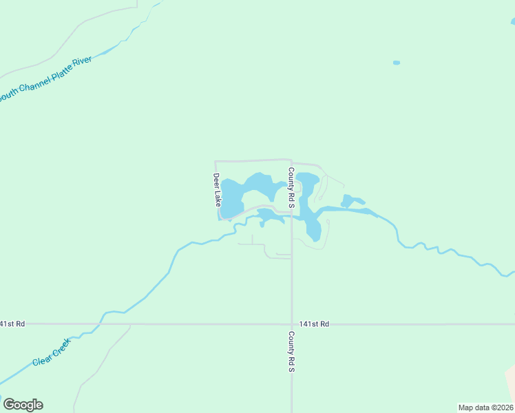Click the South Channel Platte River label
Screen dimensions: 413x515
(45, 77)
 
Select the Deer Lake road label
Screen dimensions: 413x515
(217, 190)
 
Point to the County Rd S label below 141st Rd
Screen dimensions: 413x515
(291, 352)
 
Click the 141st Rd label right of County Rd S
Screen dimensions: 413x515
(314, 324)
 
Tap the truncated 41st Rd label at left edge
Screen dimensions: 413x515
(12, 324)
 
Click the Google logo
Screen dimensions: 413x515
(23, 405)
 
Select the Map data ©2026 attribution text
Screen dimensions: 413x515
(485, 407)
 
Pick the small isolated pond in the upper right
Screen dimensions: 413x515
(397, 63)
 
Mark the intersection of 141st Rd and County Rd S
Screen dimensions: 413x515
(291, 324)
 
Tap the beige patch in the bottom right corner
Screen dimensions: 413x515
(510, 385)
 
